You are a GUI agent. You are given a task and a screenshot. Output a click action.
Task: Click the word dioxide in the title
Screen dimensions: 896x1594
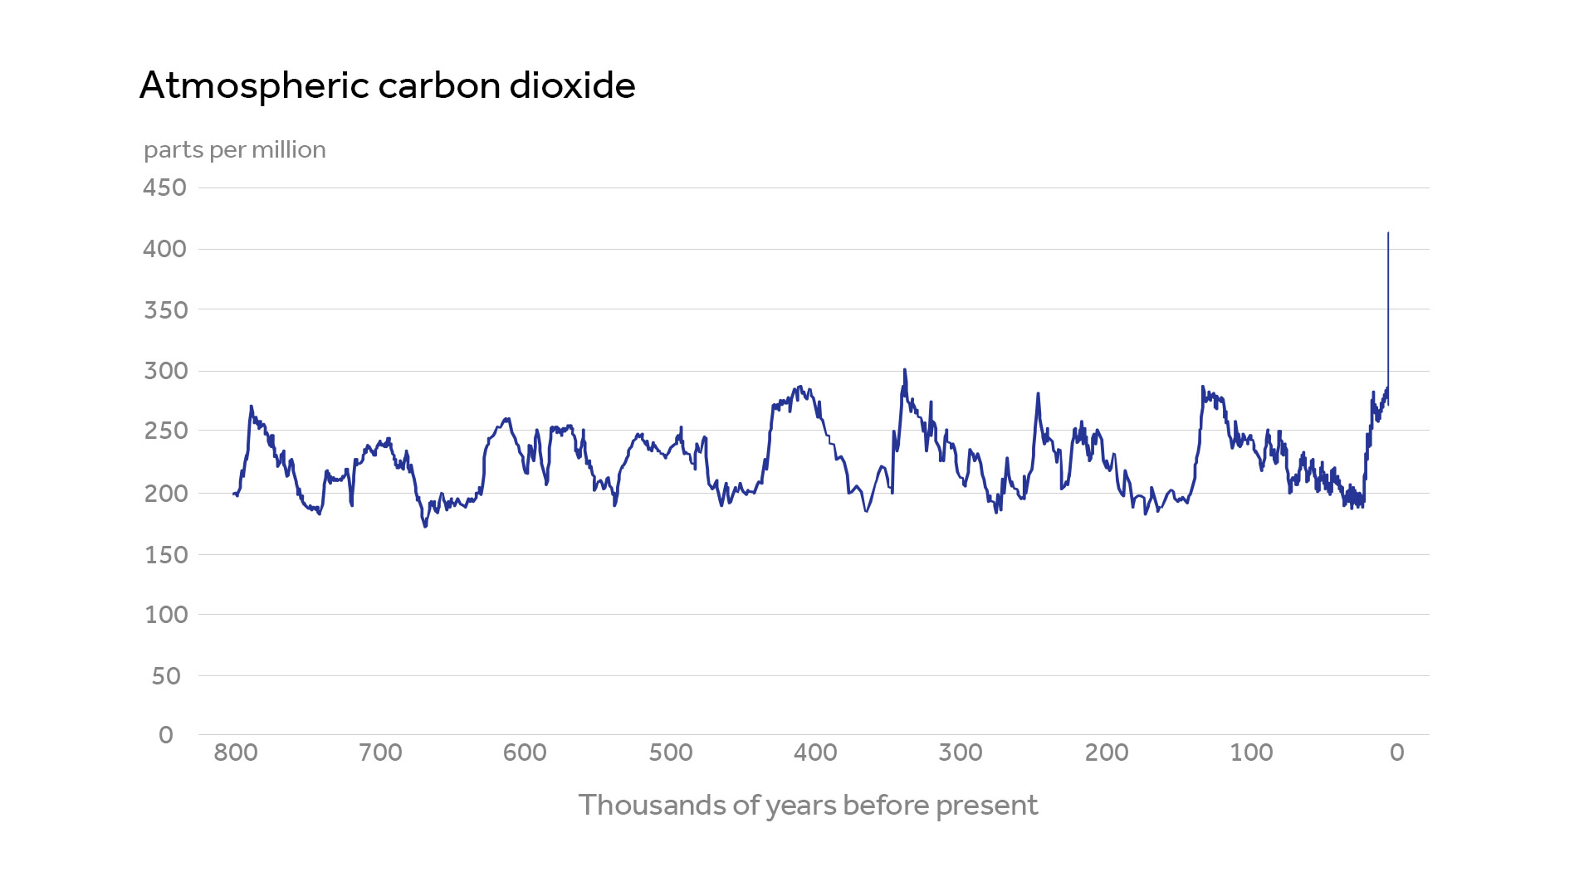(x=572, y=85)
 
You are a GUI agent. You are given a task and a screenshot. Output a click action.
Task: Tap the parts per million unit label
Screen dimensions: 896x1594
(x=235, y=150)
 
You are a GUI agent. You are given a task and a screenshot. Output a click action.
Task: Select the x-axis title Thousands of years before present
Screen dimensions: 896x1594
(x=808, y=806)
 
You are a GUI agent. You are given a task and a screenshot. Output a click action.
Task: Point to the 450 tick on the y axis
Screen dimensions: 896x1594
(x=164, y=187)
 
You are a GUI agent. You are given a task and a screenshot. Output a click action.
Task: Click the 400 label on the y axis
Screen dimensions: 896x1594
(x=164, y=249)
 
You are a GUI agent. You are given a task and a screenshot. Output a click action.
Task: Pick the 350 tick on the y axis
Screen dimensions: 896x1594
(x=164, y=310)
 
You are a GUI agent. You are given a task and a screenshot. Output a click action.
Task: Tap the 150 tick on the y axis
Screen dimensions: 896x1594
(x=164, y=554)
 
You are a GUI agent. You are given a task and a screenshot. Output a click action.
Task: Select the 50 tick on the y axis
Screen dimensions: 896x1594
(x=166, y=676)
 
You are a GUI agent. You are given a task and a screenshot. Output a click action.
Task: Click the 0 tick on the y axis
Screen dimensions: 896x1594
(x=166, y=735)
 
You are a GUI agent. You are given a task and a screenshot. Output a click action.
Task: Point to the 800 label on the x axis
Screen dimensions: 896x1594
(x=236, y=753)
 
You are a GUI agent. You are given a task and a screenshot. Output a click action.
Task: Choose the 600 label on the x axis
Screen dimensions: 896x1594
(x=525, y=753)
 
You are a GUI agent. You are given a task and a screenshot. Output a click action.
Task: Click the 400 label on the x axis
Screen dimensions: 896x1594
(x=815, y=753)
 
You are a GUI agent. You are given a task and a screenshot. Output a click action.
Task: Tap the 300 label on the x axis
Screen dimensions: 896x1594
(x=961, y=753)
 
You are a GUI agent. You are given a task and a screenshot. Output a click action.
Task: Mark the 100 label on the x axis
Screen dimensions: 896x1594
(x=1251, y=753)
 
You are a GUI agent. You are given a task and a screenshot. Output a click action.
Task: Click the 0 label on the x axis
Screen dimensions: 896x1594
(x=1397, y=753)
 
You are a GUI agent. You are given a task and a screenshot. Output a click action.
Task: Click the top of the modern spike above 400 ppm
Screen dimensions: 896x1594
(x=1388, y=234)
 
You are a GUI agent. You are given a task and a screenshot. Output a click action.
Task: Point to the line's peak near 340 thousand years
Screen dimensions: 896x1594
(x=905, y=370)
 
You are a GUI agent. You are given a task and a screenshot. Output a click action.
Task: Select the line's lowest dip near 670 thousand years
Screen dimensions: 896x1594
(x=425, y=526)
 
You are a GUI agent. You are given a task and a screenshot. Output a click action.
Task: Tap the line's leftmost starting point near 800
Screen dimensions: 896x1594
(x=234, y=494)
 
